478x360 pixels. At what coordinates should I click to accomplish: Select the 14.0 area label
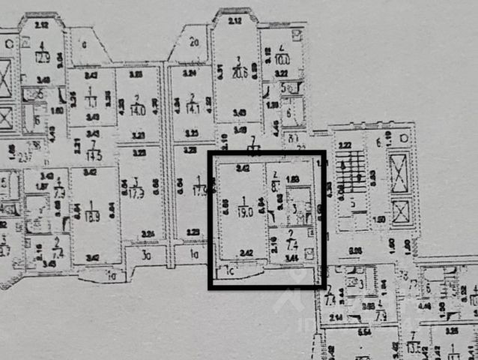[137, 109]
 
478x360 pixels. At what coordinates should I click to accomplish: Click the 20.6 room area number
[239, 72]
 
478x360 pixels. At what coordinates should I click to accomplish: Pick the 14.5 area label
[94, 156]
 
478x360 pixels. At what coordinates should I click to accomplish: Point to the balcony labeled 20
[193, 43]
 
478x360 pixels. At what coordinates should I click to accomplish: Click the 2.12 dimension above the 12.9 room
[40, 24]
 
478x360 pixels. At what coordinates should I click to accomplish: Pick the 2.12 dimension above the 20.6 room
[235, 20]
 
